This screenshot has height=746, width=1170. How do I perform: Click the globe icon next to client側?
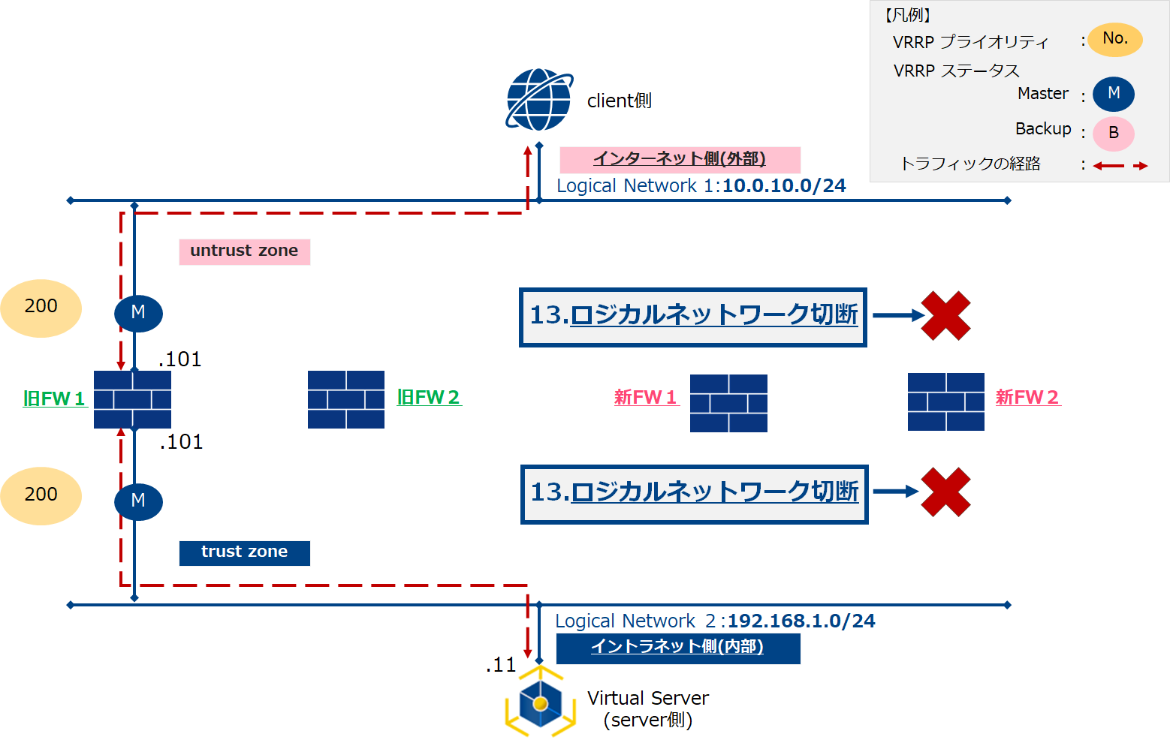(539, 100)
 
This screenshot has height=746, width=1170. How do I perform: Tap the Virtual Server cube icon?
(540, 703)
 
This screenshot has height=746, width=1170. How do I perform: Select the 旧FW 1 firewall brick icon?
(132, 399)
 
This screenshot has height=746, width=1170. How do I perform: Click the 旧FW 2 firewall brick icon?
(346, 399)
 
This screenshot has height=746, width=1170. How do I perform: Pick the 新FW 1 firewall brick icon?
(728, 403)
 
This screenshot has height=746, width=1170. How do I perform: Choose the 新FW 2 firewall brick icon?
(945, 402)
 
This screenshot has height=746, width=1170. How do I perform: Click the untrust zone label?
(244, 251)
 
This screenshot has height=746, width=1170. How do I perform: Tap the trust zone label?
(244, 552)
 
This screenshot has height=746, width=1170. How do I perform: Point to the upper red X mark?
(945, 316)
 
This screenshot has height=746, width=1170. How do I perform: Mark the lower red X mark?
(945, 492)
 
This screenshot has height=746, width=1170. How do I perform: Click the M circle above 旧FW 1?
(138, 313)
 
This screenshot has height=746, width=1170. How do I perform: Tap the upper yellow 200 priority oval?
(41, 308)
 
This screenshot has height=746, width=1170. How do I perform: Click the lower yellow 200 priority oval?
(41, 495)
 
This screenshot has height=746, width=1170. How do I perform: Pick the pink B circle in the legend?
(1113, 134)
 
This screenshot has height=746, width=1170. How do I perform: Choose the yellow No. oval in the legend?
(1115, 39)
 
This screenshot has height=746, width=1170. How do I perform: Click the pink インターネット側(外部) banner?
(680, 160)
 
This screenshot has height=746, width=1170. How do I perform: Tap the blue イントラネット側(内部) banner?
(677, 648)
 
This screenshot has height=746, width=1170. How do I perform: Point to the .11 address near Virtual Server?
(501, 665)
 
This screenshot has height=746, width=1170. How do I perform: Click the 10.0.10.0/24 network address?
(784, 186)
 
